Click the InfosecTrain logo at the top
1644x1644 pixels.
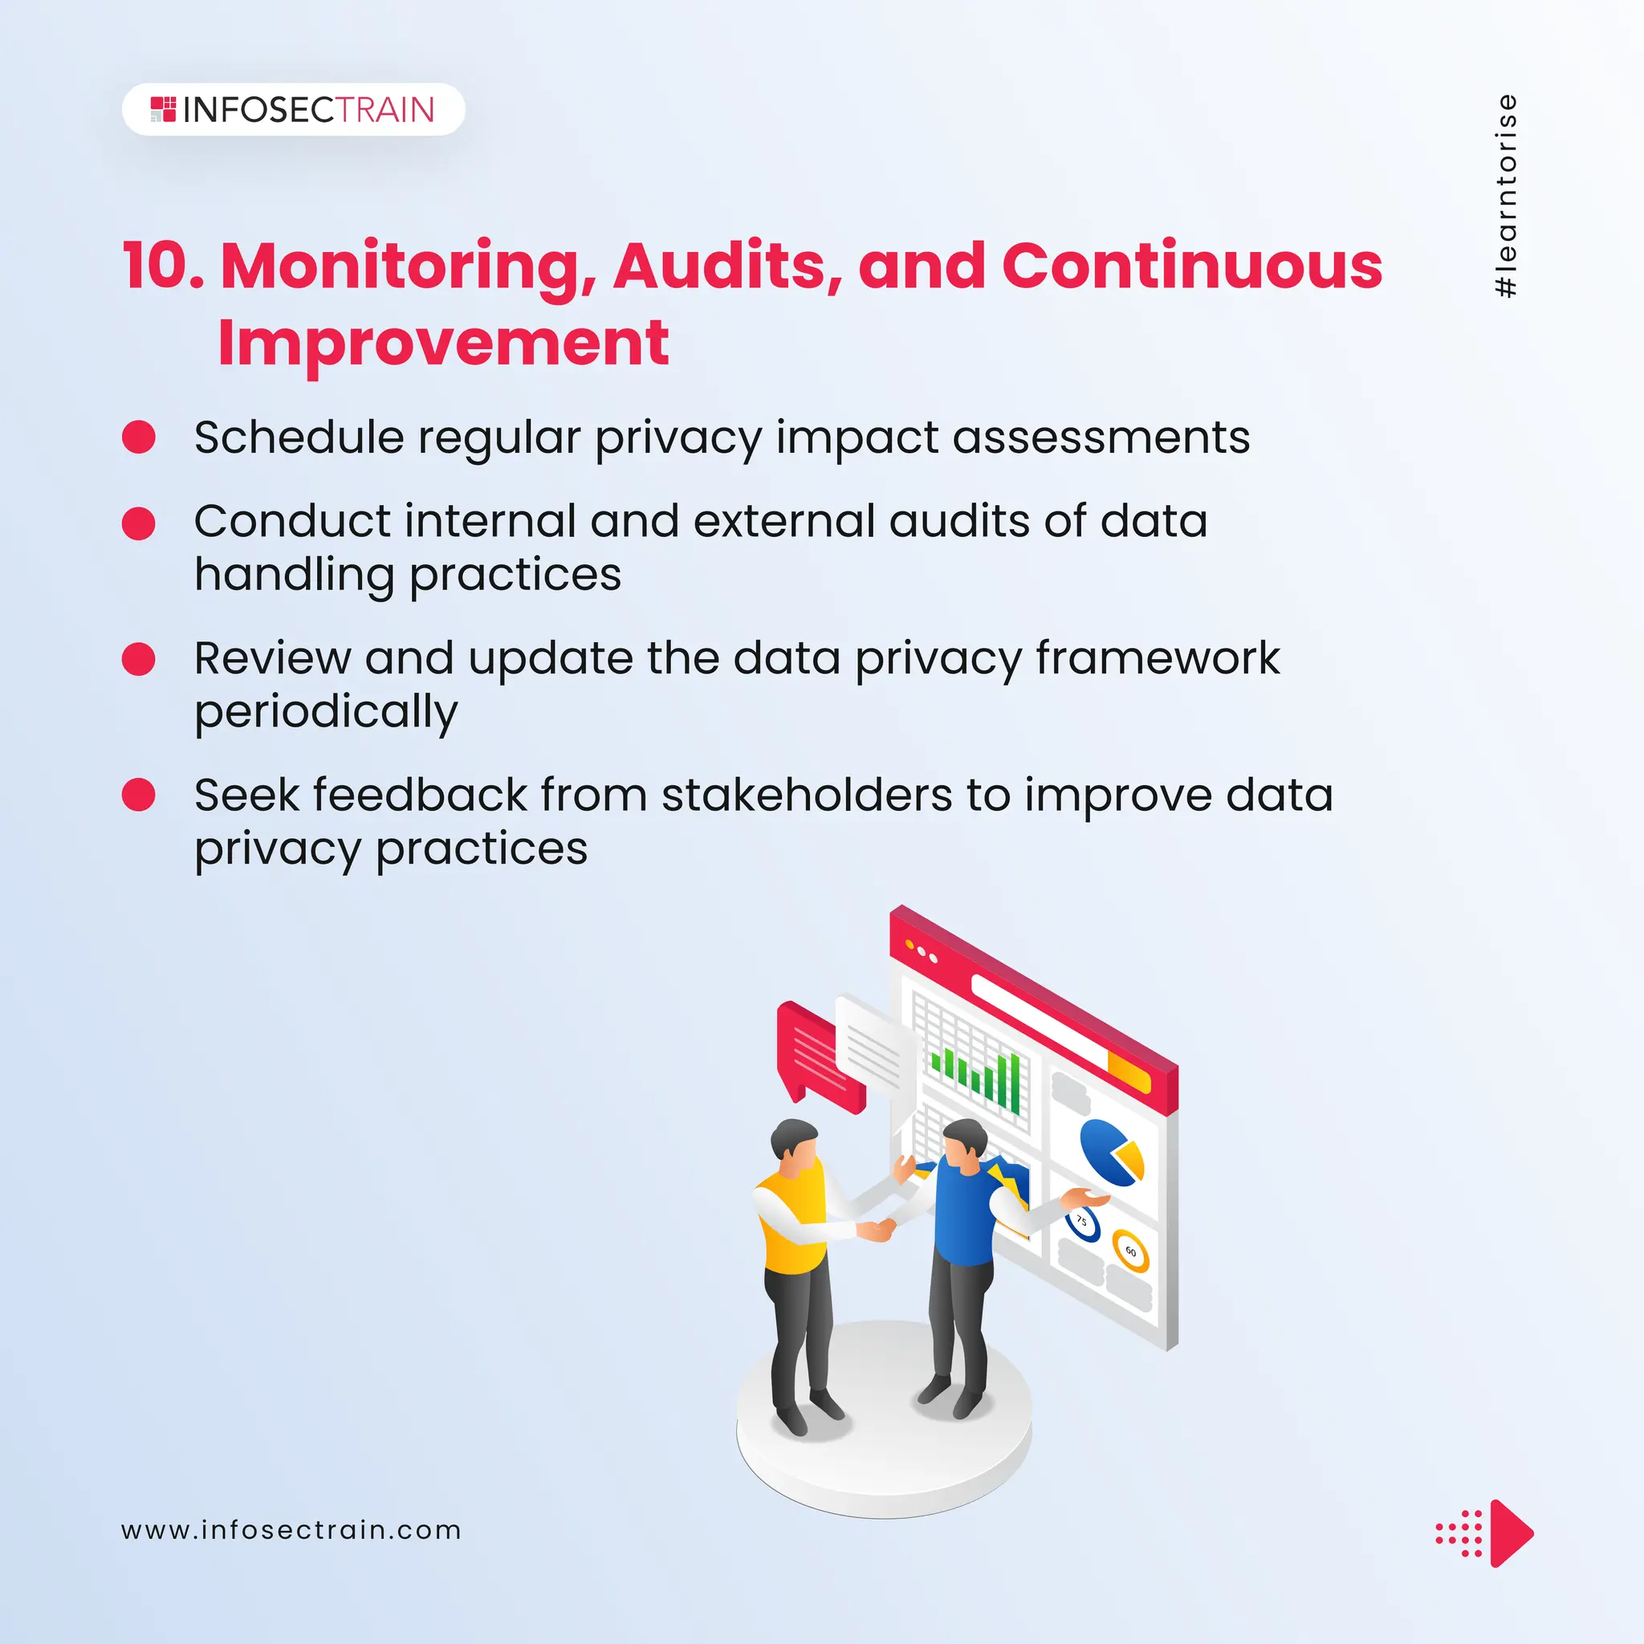click(x=293, y=110)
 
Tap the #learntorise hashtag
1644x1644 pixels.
click(x=1505, y=197)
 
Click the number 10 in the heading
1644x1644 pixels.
click(x=162, y=267)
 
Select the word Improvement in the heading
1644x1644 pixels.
click(x=443, y=343)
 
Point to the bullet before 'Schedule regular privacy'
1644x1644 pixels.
click(x=139, y=437)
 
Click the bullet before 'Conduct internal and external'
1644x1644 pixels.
click(x=139, y=523)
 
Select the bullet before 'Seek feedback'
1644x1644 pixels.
click(x=139, y=795)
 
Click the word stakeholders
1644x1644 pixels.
click(x=807, y=796)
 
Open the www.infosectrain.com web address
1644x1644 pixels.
click(x=291, y=1530)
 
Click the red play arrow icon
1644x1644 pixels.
click(x=1510, y=1533)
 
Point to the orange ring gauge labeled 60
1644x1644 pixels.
click(x=1131, y=1251)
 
